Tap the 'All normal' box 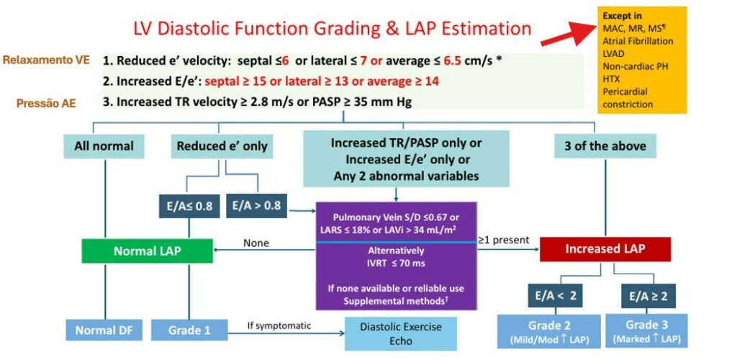[x=104, y=146]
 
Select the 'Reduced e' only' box [x=222, y=146]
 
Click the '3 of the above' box [x=605, y=146]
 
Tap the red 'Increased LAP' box [x=605, y=248]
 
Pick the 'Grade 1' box [x=189, y=330]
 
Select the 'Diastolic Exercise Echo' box [x=402, y=333]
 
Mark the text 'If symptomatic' [x=279, y=325]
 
